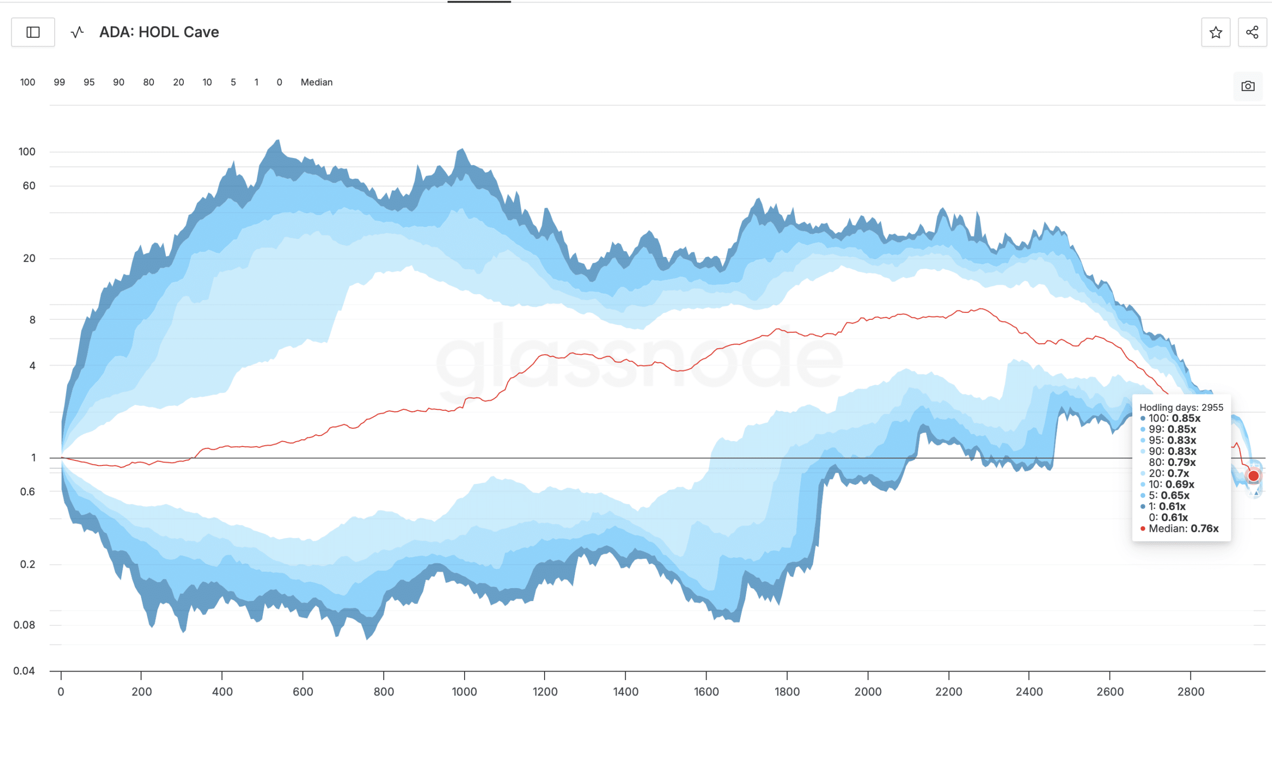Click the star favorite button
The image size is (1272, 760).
pyautogui.click(x=1215, y=32)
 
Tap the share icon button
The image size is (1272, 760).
pyautogui.click(x=1252, y=32)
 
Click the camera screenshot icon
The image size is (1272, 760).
pyautogui.click(x=1248, y=86)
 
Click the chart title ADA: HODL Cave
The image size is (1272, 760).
pyautogui.click(x=159, y=32)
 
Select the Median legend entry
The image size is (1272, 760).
pyautogui.click(x=316, y=82)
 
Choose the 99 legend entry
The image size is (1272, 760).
pyautogui.click(x=60, y=82)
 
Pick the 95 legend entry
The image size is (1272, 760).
pyautogui.click(x=89, y=82)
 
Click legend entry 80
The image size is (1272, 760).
pyautogui.click(x=149, y=82)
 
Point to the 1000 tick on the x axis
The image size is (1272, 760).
pyautogui.click(x=464, y=691)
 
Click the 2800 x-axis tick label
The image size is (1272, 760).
pyautogui.click(x=1191, y=691)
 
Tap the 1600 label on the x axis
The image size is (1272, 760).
pyautogui.click(x=706, y=691)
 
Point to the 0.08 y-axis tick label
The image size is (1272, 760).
pyautogui.click(x=24, y=625)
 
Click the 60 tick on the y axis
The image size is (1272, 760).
pyautogui.click(x=29, y=185)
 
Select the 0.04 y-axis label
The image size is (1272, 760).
pyautogui.click(x=24, y=671)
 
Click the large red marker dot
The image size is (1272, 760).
pyautogui.click(x=1253, y=476)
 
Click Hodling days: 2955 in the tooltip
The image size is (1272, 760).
pyautogui.click(x=1181, y=408)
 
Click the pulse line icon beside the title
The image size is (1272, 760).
pyautogui.click(x=78, y=32)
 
